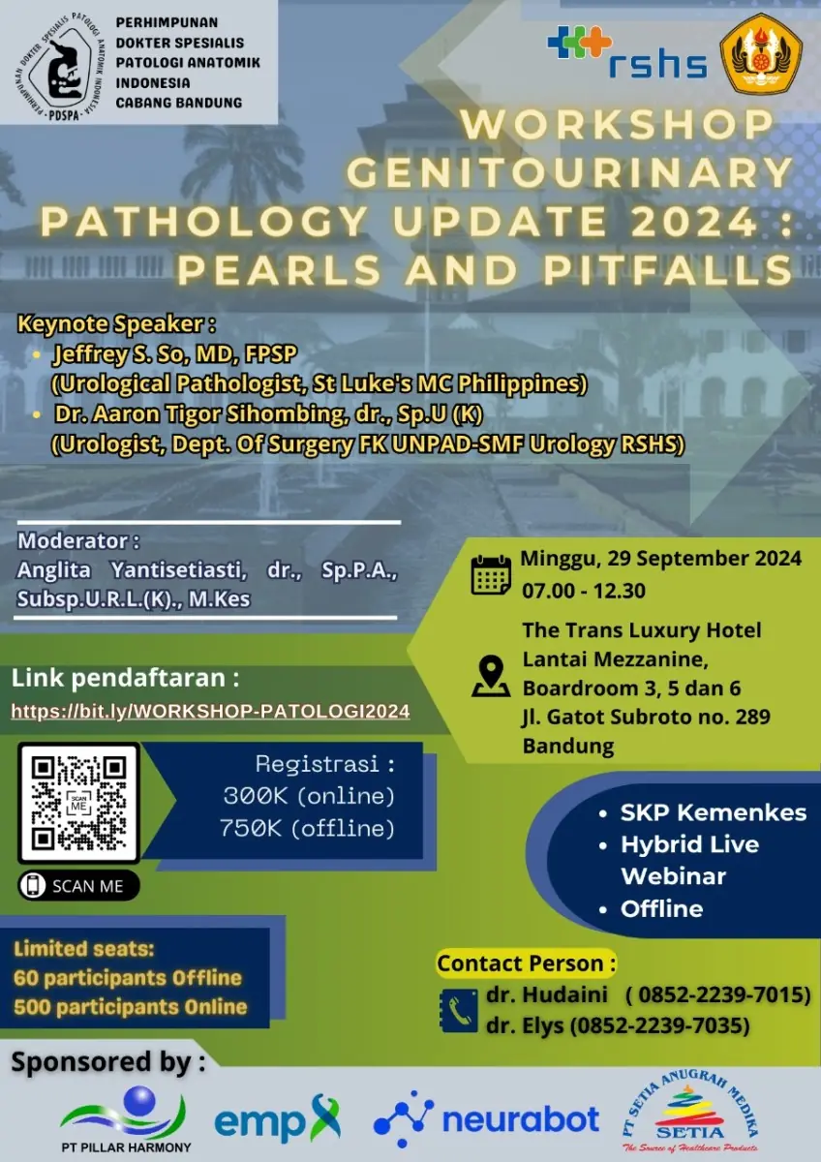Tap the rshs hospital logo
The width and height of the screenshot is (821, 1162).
(627, 52)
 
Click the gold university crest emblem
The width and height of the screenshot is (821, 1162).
(761, 53)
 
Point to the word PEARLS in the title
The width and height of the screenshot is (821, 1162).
(280, 270)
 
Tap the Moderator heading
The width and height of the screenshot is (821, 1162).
(78, 541)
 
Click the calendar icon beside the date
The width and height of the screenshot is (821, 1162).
(491, 575)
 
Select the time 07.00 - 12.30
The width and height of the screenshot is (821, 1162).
(584, 591)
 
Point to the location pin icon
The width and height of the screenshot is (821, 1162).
(491, 676)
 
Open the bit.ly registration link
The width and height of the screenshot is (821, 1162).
(210, 711)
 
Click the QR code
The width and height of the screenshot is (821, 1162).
(78, 803)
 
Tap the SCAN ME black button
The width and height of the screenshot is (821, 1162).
(78, 885)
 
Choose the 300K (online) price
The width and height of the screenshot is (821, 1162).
(309, 796)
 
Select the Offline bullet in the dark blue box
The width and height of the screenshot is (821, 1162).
(662, 908)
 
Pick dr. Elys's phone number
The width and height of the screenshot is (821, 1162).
(659, 1025)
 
